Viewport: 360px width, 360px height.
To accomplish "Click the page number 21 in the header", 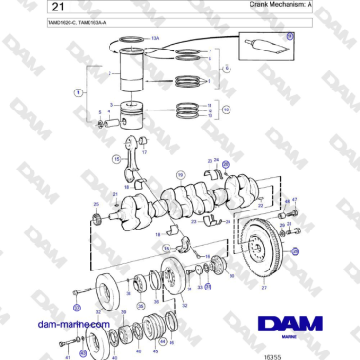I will click(40, 8).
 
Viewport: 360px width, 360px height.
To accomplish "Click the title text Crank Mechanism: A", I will click(277, 5).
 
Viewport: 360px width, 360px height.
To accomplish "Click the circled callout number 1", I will click(78, 92).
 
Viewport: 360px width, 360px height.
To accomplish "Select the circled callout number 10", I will click(226, 109).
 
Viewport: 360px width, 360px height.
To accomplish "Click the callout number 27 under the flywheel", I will click(264, 287).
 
